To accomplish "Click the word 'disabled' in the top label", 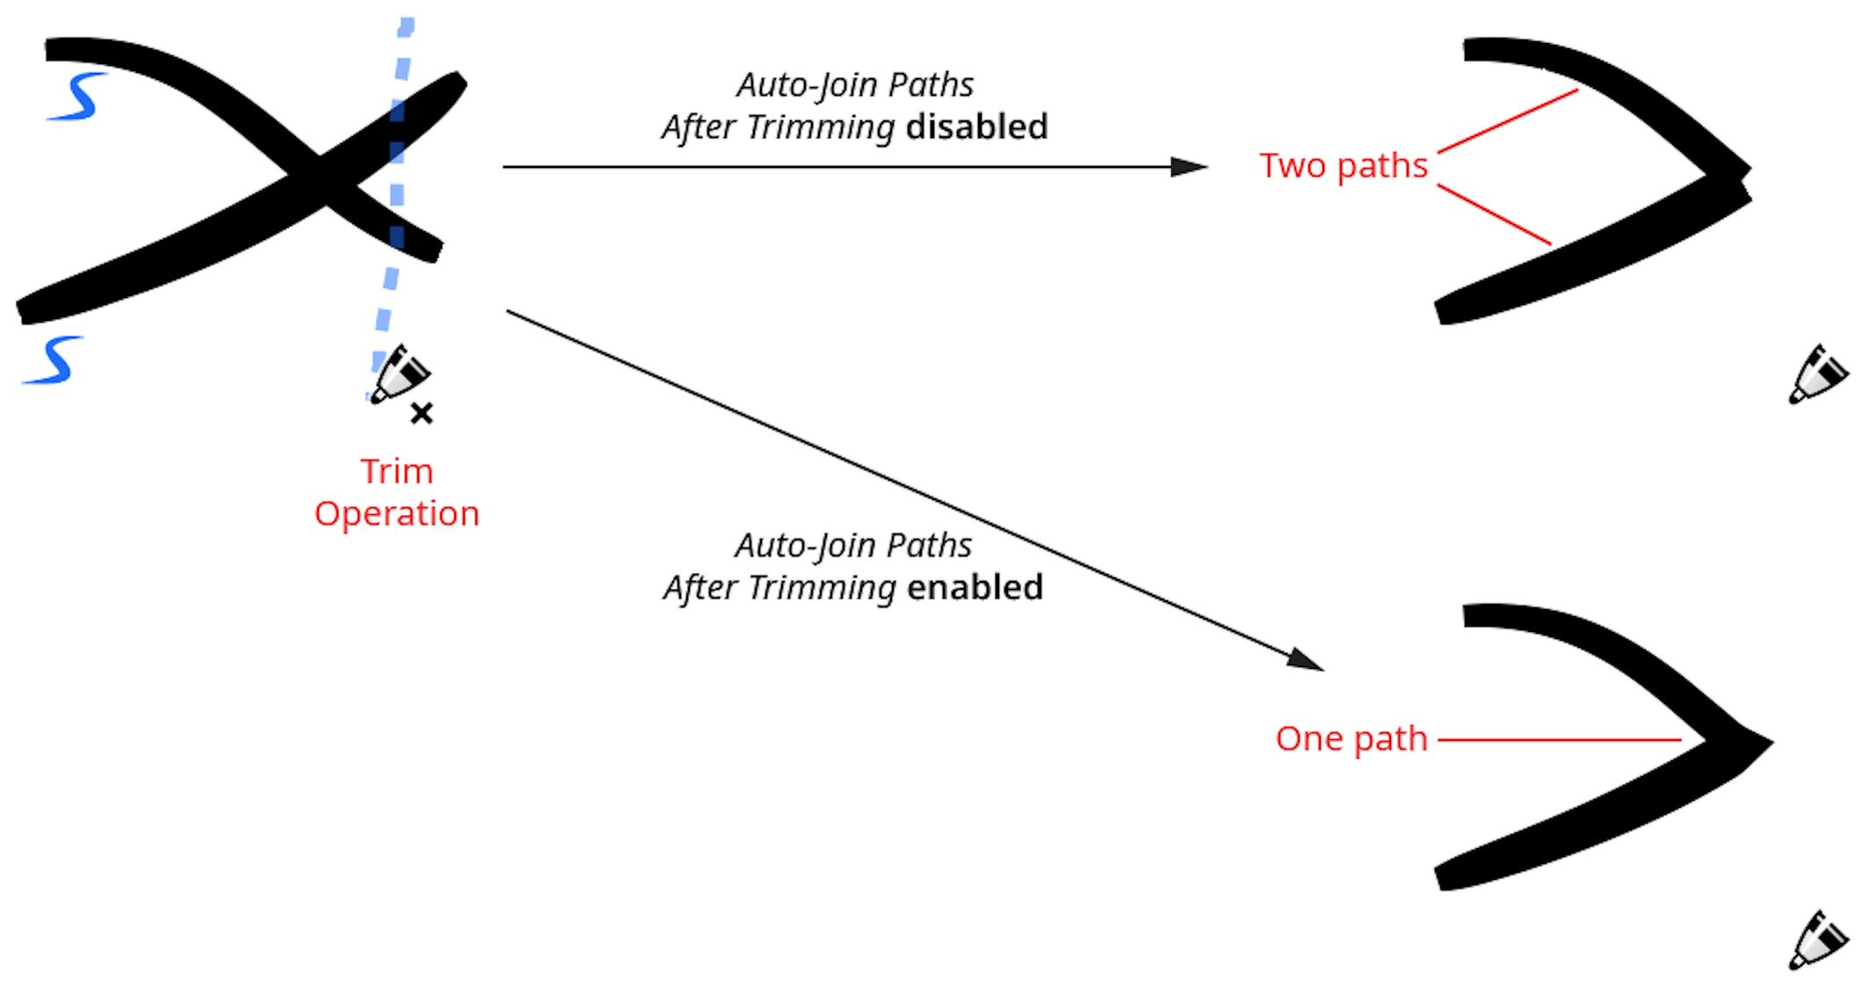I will [976, 127].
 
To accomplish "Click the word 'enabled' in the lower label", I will [975, 587].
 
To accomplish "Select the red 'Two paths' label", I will [1343, 165].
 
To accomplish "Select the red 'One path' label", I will [1351, 738].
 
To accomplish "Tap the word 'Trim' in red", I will [396, 472].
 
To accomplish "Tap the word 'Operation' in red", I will [396, 513].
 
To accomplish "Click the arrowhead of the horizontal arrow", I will [1190, 166].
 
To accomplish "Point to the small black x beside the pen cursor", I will [422, 413].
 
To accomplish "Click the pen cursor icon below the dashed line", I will [400, 374].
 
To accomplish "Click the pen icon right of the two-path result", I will [1817, 374].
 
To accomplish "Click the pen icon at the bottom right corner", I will [1817, 940].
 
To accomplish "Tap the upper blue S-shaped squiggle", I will [78, 96].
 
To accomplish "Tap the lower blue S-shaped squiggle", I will [54, 359].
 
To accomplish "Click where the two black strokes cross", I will [323, 180].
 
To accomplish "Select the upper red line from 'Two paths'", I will [1507, 120].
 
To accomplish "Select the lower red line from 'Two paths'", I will [1494, 214].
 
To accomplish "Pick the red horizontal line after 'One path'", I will [1560, 740].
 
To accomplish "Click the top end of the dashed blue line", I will [406, 26].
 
